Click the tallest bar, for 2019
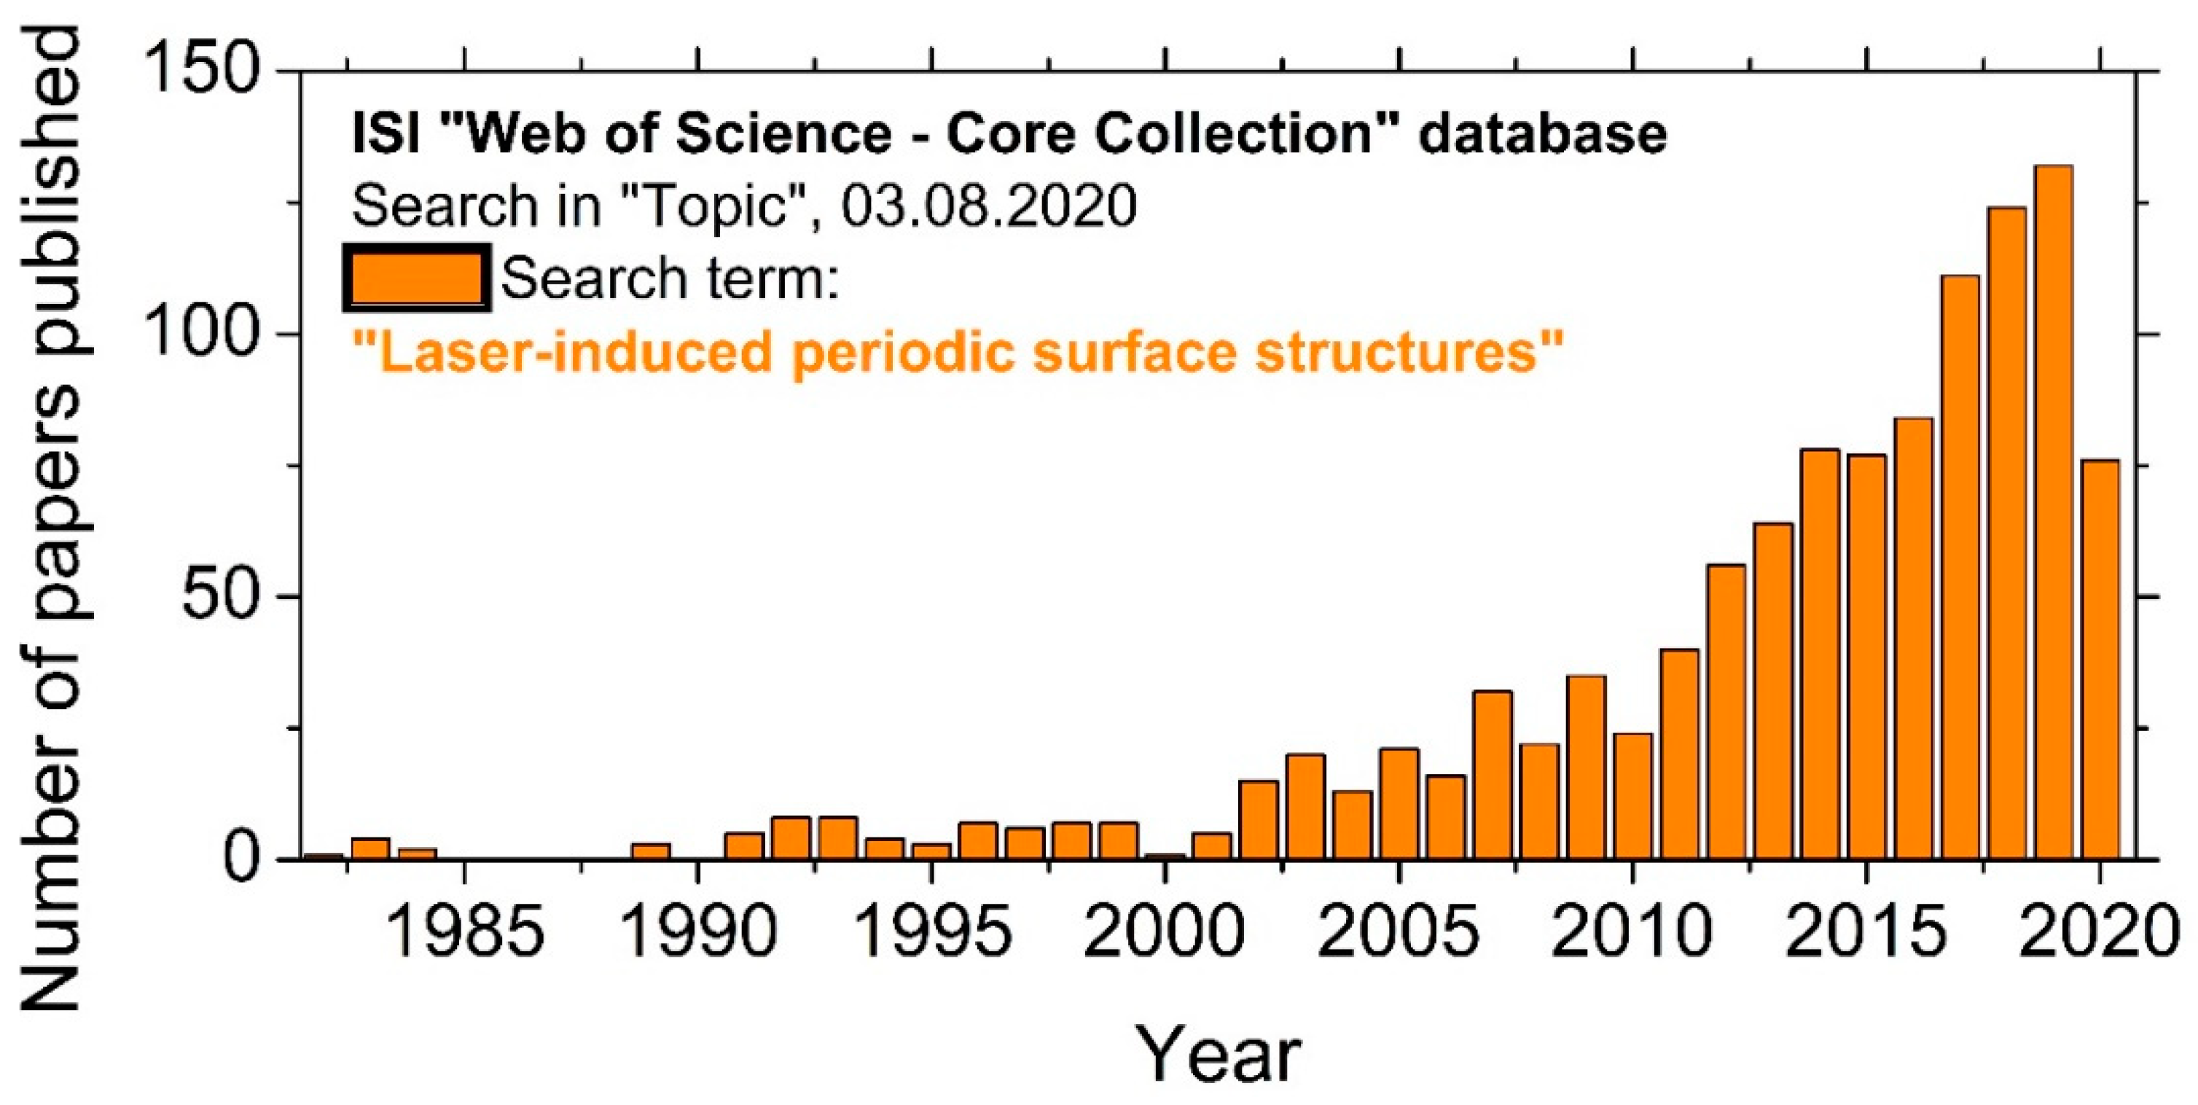point(2053,512)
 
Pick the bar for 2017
point(1960,566)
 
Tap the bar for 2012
point(1726,711)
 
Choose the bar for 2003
point(1305,806)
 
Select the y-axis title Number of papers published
point(51,520)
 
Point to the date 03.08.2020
point(989,206)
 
